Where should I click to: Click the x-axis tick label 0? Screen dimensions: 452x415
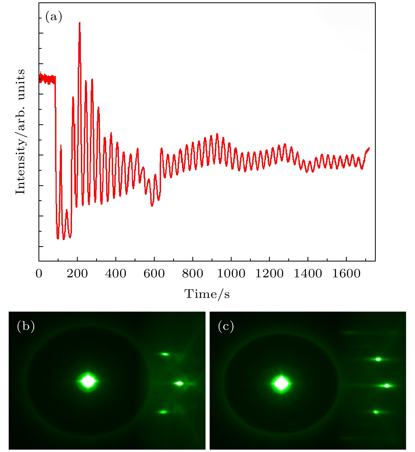pyautogui.click(x=39, y=274)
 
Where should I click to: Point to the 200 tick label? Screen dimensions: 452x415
pyautogui.click(x=77, y=274)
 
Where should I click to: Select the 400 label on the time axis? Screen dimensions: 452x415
pyautogui.click(x=116, y=274)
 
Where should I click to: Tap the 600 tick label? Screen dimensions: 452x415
pyautogui.click(x=154, y=274)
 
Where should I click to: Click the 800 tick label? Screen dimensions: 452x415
pyautogui.click(x=193, y=274)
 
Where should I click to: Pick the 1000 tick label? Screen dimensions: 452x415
pyautogui.click(x=231, y=274)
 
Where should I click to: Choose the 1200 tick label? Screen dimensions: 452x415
pyautogui.click(x=269, y=274)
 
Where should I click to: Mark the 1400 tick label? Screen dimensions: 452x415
pyautogui.click(x=308, y=274)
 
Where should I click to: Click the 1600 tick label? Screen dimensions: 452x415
pyautogui.click(x=346, y=274)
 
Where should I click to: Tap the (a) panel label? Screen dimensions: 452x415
pyautogui.click(x=54, y=17)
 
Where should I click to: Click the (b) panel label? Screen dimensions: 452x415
pyautogui.click(x=26, y=326)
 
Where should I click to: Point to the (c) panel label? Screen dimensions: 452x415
pyautogui.click(x=226, y=326)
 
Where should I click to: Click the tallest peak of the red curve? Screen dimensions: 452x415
pyautogui.click(x=80, y=23)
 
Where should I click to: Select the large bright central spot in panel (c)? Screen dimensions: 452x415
pyautogui.click(x=281, y=384)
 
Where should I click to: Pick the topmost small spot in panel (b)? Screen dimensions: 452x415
pyautogui.click(x=165, y=354)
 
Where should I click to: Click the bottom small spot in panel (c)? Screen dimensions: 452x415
pyautogui.click(x=376, y=412)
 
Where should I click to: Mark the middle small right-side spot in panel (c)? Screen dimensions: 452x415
pyautogui.click(x=387, y=386)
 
